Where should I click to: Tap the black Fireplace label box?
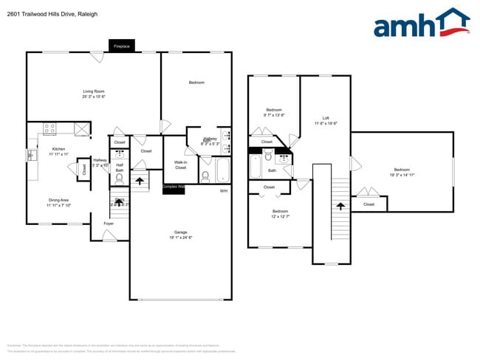click(x=121, y=46)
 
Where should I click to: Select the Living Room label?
click(x=93, y=94)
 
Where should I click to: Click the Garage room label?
click(x=181, y=235)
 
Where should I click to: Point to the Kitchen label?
click(x=58, y=151)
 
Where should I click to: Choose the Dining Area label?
click(x=58, y=202)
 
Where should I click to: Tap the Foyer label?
click(x=109, y=223)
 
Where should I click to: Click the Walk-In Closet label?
click(x=180, y=165)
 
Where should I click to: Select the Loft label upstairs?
click(x=326, y=121)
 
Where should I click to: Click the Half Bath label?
click(x=120, y=167)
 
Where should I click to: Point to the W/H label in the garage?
click(x=224, y=191)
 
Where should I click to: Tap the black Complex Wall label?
click(x=174, y=187)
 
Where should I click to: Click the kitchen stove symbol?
click(x=50, y=129)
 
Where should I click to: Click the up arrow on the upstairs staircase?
click(x=340, y=207)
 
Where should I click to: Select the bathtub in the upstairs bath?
click(x=256, y=166)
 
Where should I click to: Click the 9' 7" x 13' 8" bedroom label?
click(x=274, y=113)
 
